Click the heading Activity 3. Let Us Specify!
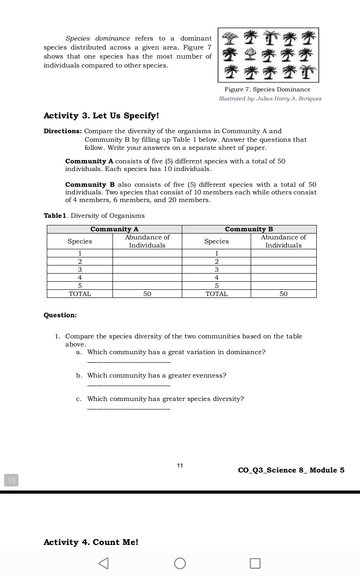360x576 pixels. [x=101, y=116]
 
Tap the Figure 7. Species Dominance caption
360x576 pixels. [x=267, y=90]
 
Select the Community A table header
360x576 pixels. [x=114, y=229]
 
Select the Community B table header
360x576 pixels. [x=249, y=229]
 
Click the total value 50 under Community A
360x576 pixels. [x=147, y=294]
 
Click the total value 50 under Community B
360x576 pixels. [x=283, y=294]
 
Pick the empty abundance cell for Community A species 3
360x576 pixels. [x=147, y=270]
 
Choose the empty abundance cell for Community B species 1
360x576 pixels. [x=283, y=253]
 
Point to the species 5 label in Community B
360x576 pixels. [x=216, y=286]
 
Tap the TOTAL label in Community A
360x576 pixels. [x=80, y=294]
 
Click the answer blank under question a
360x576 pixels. [x=129, y=361]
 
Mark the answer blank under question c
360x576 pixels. [x=129, y=408]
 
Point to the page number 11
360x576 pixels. [x=180, y=465]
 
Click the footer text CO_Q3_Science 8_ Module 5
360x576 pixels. [x=291, y=470]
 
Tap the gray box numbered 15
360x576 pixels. [x=11, y=480]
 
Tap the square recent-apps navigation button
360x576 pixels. [x=255, y=563]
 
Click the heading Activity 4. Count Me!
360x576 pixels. [x=91, y=542]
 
